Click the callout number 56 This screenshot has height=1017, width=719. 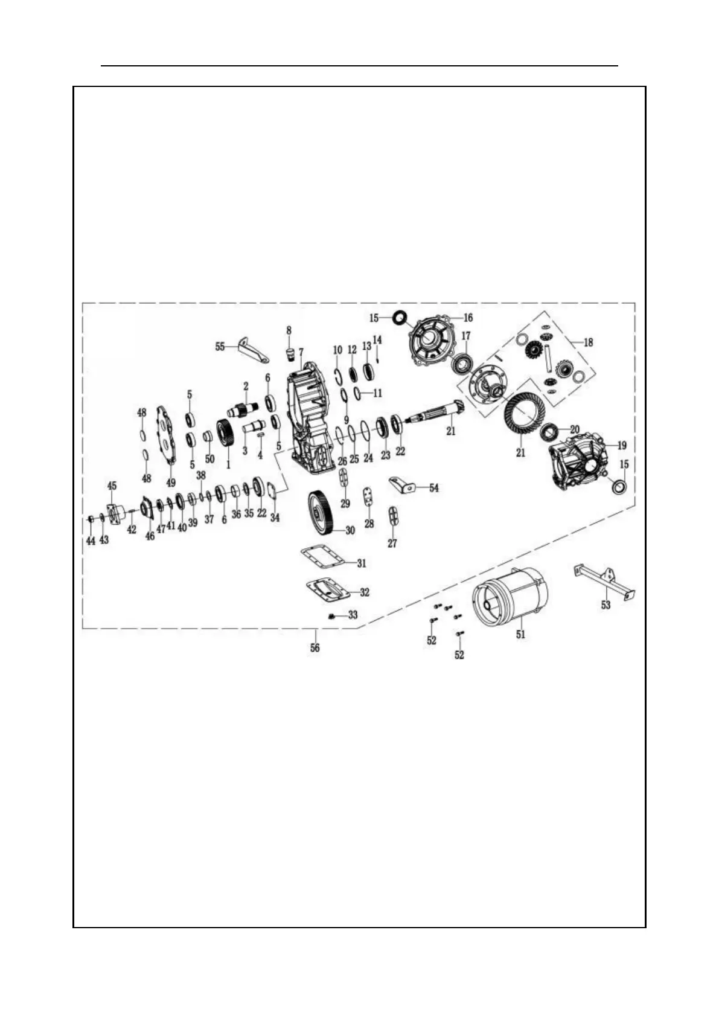[x=315, y=647]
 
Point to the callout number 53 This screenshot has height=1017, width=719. [x=606, y=605]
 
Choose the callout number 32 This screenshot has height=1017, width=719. [x=365, y=592]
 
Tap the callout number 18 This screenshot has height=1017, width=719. [x=588, y=342]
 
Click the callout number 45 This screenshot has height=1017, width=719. [x=112, y=486]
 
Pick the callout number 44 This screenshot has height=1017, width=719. [x=91, y=542]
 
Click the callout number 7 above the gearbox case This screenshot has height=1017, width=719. [x=301, y=351]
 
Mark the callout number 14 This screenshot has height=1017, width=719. [x=377, y=340]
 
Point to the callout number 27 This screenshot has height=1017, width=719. [x=392, y=544]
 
